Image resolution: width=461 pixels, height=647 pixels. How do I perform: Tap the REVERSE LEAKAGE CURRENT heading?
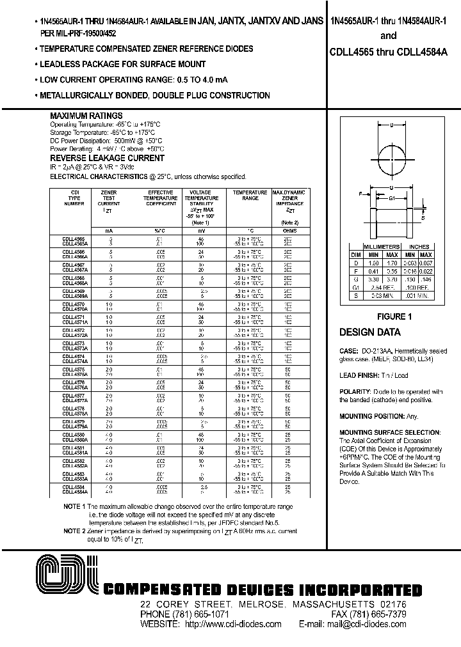107,158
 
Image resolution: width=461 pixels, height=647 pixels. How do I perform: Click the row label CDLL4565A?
75,244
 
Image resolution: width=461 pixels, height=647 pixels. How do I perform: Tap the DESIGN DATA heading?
369,332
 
